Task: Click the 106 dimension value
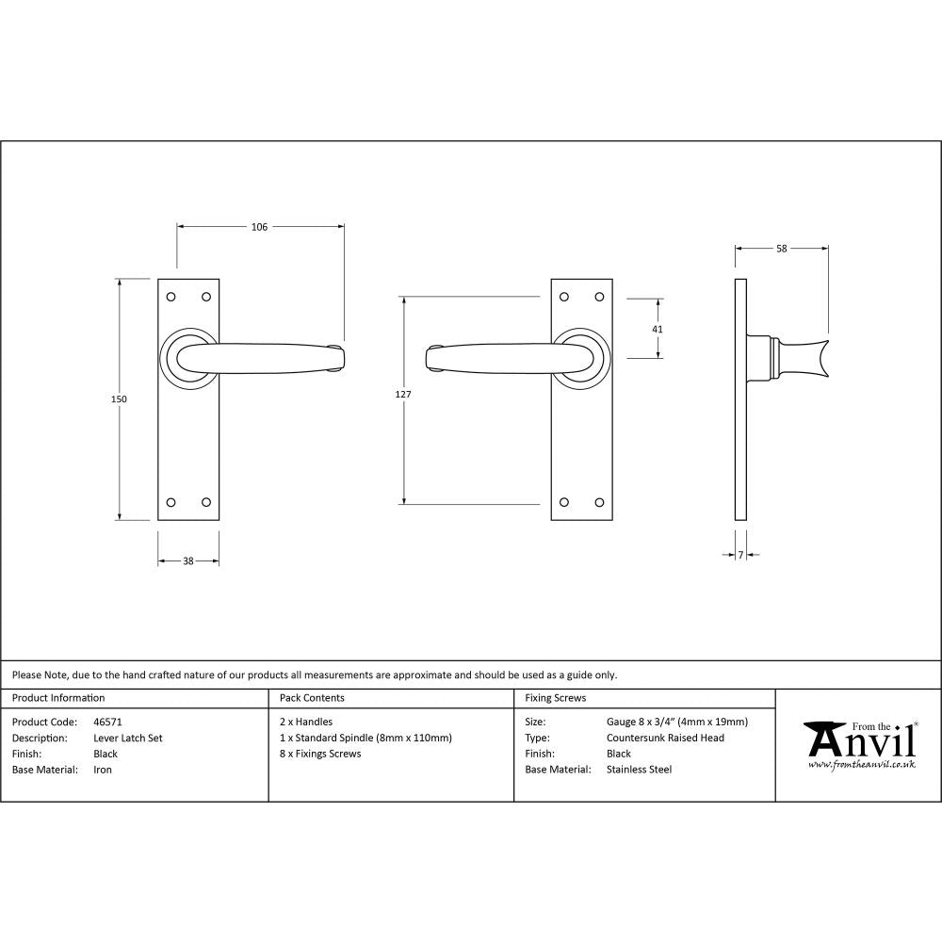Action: (260, 227)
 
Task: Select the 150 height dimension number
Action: (119, 399)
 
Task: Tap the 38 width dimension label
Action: (188, 561)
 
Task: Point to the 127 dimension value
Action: (403, 395)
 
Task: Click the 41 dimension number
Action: (658, 330)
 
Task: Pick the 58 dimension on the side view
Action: (782, 249)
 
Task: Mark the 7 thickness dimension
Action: (741, 556)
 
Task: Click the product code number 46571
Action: (108, 723)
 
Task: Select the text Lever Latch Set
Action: (128, 739)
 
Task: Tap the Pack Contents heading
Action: (312, 698)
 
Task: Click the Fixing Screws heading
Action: (555, 698)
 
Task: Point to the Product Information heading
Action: (58, 698)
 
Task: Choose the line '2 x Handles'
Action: (306, 723)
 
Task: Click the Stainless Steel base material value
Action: (640, 770)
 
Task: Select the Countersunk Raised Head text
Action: (666, 739)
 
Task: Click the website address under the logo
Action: (861, 765)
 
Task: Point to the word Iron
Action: (103, 770)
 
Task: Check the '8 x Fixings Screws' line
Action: (320, 754)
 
